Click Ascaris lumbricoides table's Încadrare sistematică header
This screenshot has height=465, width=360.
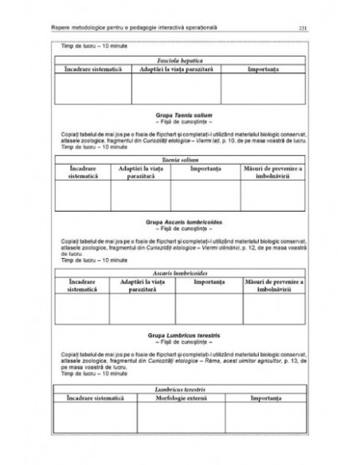click(x=85, y=286)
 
